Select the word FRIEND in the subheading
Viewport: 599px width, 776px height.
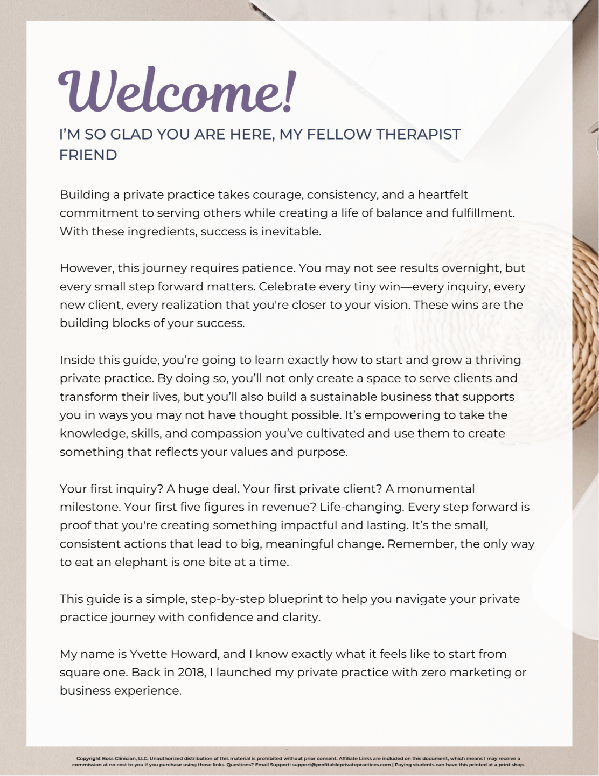tap(88, 155)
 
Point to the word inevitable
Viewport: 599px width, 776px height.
tap(291, 231)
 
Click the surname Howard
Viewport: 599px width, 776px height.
tap(194, 654)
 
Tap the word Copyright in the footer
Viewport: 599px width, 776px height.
tap(88, 758)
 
